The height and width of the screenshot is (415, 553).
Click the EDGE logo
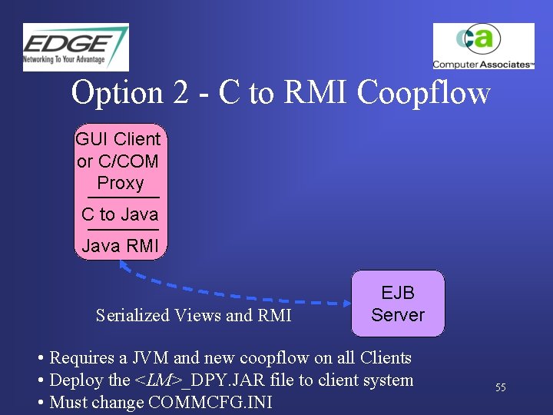pos(75,47)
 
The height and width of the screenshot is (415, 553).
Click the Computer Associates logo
pos(483,46)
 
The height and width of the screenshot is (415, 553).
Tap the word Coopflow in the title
pos(424,93)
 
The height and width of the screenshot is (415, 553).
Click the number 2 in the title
pos(180,93)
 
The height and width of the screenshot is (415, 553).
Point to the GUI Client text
pos(118,139)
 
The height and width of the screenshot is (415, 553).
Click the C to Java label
pos(120,214)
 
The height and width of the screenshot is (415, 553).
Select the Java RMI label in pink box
pos(120,247)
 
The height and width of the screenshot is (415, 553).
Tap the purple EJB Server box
pos(398,304)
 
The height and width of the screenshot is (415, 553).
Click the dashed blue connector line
pos(230,296)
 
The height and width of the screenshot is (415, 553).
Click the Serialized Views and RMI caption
pos(194,315)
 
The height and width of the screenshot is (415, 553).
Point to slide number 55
pos(500,388)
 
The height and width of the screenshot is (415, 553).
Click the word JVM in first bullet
pos(152,358)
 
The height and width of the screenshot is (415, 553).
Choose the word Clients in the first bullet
pos(384,358)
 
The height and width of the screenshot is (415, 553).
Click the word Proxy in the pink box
pos(121,183)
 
